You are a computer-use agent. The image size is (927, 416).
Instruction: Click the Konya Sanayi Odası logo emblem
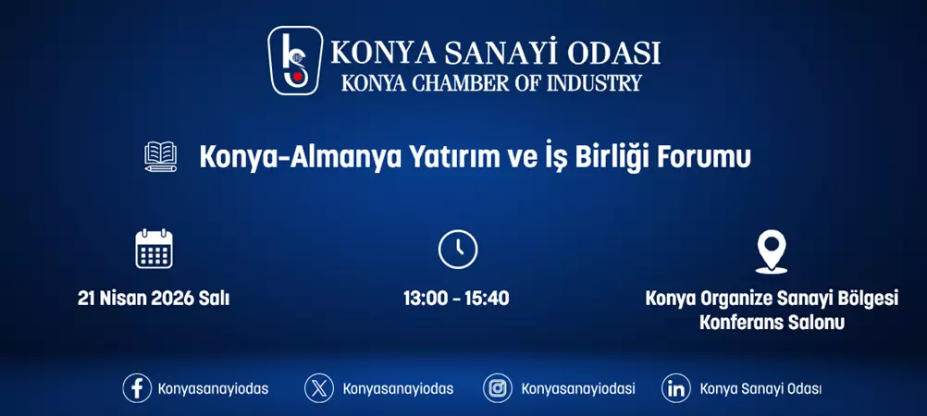(x=296, y=61)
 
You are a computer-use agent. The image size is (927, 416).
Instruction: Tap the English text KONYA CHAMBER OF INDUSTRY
(x=491, y=83)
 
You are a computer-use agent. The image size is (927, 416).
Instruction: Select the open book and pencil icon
(x=161, y=156)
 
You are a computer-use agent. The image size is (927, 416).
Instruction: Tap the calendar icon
(x=154, y=249)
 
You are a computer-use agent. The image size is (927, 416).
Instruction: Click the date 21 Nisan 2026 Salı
(x=154, y=299)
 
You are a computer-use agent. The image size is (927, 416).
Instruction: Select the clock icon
(x=457, y=250)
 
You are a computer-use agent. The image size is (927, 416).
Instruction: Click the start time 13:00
(x=424, y=299)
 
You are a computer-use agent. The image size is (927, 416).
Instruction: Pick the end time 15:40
(x=488, y=299)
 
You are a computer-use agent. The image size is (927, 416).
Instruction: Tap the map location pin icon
(x=771, y=251)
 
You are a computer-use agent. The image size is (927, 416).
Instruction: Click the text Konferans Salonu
(x=772, y=324)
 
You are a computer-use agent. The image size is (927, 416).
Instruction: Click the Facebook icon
(x=137, y=388)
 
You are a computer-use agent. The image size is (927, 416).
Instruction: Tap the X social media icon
(x=319, y=388)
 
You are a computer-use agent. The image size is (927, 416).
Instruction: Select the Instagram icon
(x=498, y=388)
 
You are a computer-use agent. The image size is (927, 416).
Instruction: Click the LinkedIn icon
(x=676, y=388)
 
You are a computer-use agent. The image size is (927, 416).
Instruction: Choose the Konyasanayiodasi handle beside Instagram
(x=578, y=388)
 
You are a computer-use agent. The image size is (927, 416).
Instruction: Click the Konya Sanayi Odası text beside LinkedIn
(x=760, y=388)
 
